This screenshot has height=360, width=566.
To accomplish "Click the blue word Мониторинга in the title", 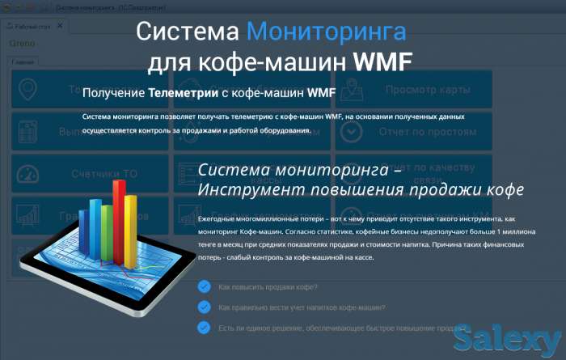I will pyautogui.click(x=326, y=32).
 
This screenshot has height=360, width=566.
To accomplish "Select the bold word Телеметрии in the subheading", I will pyautogui.click(x=183, y=94).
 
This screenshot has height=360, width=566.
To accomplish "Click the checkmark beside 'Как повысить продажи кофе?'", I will pyautogui.click(x=205, y=286).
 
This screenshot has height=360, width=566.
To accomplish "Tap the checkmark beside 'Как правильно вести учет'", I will pyautogui.click(x=205, y=307).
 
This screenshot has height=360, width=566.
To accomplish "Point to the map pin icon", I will pyautogui.click(x=29, y=88).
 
